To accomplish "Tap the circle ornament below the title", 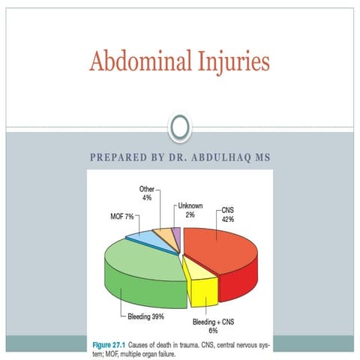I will click(179, 129).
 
